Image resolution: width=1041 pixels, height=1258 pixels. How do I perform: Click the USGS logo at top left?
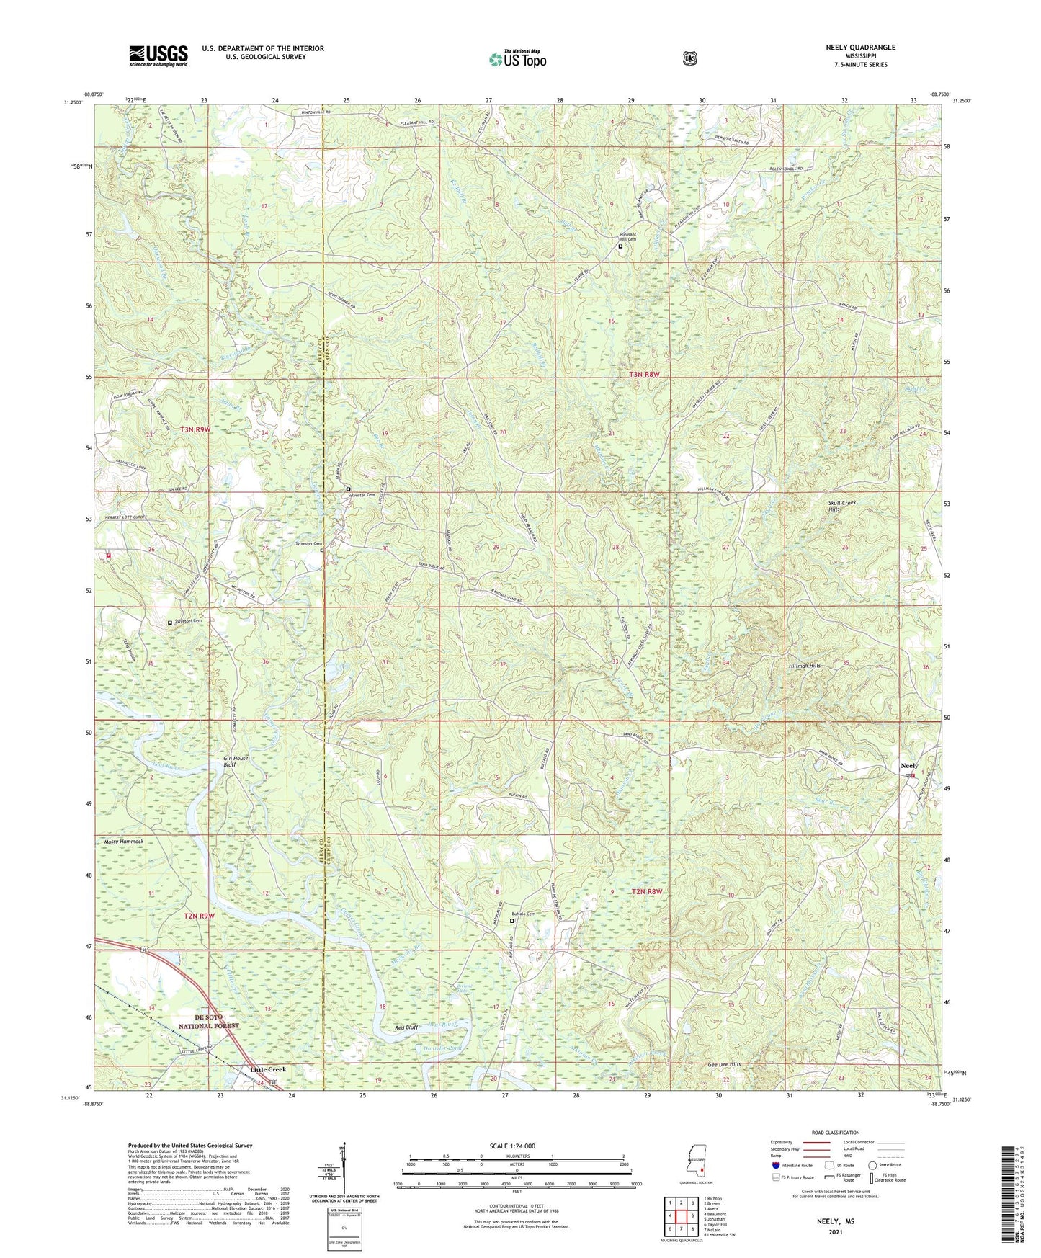(158, 55)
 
